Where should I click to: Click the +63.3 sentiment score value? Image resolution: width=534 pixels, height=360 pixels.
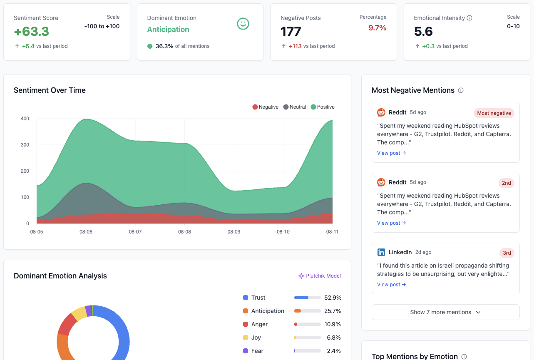(x=31, y=32)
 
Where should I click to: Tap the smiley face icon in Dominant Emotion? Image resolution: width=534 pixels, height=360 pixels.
(x=243, y=24)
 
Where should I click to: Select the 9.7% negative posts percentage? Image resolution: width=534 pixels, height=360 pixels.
(x=377, y=28)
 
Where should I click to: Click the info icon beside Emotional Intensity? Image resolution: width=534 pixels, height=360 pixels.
(x=469, y=18)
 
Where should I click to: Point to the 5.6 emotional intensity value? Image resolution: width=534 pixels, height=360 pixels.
(x=423, y=32)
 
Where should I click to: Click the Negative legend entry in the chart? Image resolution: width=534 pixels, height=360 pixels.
(x=265, y=107)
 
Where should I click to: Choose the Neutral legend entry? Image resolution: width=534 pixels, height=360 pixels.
(x=295, y=107)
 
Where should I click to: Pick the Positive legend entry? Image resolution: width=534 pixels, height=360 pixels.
(x=323, y=107)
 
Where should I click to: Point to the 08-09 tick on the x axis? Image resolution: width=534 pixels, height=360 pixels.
(x=234, y=232)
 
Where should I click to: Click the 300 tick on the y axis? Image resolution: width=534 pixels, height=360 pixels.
(x=25, y=145)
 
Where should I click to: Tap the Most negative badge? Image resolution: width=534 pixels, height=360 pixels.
(x=494, y=113)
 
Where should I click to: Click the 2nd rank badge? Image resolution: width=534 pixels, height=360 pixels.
(x=506, y=183)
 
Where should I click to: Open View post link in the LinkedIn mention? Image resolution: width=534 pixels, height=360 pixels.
(x=391, y=285)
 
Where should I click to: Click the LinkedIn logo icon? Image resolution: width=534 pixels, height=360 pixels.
(x=381, y=252)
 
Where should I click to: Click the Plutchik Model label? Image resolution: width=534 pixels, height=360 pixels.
(x=320, y=276)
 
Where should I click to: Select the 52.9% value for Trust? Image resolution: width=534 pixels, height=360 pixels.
(x=333, y=298)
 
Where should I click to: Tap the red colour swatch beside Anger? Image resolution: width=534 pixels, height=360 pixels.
(x=246, y=324)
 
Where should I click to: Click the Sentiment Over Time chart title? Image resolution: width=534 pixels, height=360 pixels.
(x=50, y=90)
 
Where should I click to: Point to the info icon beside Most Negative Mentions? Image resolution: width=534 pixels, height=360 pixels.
(x=461, y=90)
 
